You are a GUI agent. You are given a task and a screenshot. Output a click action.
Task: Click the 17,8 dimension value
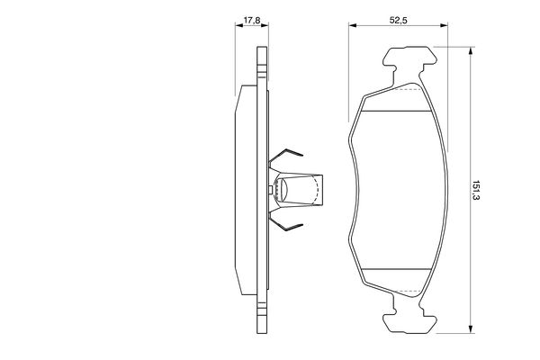252,21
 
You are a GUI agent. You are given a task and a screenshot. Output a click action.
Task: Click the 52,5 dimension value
399,21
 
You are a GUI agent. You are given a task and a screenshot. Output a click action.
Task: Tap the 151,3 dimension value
475,190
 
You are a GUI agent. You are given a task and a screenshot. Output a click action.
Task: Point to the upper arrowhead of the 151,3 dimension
471,51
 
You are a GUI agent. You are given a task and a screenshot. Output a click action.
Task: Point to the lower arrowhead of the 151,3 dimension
471,328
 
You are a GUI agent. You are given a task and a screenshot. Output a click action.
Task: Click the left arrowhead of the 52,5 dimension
353,25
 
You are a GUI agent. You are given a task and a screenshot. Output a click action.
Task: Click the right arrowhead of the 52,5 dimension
443,25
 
